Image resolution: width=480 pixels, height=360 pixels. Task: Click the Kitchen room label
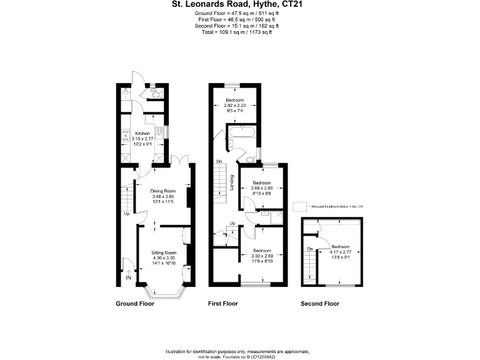click(142, 133)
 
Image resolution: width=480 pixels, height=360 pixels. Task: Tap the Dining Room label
click(163, 191)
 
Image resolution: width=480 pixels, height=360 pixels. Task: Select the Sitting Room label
click(163, 252)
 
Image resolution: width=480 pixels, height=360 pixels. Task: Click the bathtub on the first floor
click(241, 132)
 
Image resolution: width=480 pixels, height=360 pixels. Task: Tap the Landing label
click(232, 183)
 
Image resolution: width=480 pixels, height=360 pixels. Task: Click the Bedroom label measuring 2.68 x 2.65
click(261, 182)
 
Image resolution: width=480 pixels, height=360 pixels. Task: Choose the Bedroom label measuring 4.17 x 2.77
click(341, 246)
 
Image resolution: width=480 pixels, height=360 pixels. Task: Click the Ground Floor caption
click(136, 304)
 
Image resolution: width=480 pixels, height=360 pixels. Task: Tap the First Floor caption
click(223, 304)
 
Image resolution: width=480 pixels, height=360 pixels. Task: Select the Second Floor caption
click(319, 304)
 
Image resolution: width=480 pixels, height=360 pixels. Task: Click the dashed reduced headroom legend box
click(301, 205)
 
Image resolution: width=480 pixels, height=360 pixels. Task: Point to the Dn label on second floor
click(309, 250)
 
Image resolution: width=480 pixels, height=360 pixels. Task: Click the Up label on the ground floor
click(126, 213)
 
